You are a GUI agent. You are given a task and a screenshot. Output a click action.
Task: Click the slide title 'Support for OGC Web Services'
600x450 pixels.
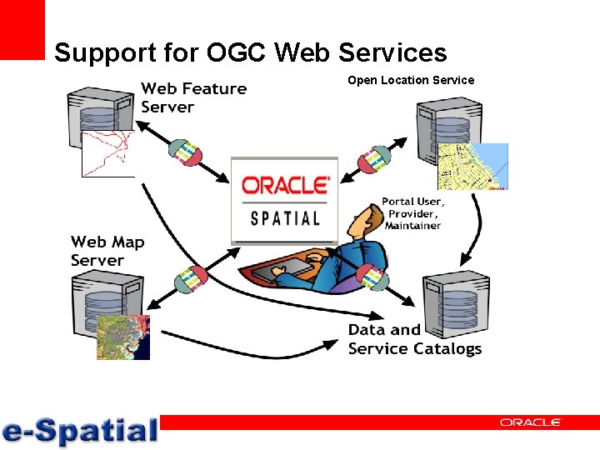[x=250, y=53]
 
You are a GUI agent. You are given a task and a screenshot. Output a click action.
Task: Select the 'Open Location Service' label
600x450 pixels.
[x=410, y=80]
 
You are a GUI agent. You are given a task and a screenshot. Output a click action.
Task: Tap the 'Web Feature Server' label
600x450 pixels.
[x=193, y=97]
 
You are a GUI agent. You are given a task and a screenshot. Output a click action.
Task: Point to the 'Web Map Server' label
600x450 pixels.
[x=107, y=251]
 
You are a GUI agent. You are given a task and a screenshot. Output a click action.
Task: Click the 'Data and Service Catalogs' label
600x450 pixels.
[x=414, y=339]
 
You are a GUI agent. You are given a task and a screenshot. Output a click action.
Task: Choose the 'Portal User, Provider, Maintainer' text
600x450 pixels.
[x=412, y=213]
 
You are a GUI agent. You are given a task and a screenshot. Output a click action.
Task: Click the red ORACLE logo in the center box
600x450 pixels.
[x=285, y=186]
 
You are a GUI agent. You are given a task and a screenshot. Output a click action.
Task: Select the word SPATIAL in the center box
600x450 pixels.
[x=285, y=218]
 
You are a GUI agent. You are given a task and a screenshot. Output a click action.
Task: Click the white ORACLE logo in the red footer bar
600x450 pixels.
[x=530, y=422]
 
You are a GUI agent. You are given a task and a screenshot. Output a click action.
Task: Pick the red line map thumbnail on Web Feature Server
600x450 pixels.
[x=107, y=153]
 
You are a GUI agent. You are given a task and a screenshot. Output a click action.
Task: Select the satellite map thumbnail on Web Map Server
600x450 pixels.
[x=122, y=337]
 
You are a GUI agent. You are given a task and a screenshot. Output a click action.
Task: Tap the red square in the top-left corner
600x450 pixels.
[x=22, y=29]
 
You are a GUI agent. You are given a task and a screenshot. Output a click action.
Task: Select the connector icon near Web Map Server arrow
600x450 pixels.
[x=189, y=279]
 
